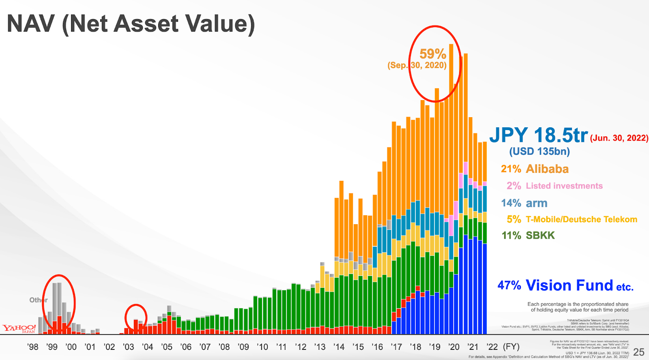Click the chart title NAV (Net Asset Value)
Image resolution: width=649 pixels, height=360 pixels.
click(x=131, y=24)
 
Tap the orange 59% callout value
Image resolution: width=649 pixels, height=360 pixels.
click(x=433, y=54)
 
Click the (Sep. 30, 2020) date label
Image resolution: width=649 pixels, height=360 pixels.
click(x=417, y=65)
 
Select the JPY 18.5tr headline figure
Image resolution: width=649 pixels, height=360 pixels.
click(x=539, y=135)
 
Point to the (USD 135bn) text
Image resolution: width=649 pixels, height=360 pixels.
click(x=539, y=152)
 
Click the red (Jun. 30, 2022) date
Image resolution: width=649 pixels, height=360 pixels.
click(x=619, y=138)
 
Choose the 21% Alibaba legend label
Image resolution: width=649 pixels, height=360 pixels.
click(x=535, y=169)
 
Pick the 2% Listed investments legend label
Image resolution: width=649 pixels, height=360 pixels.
click(x=554, y=186)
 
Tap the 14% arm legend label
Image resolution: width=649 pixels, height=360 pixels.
click(x=524, y=203)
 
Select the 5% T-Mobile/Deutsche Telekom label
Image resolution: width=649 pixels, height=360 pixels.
click(x=572, y=219)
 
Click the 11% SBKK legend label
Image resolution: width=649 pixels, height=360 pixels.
click(x=528, y=236)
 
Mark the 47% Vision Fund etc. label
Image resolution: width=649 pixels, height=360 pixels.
click(x=565, y=285)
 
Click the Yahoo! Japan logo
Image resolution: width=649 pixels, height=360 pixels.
click(x=19, y=328)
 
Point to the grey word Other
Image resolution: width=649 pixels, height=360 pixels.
click(x=38, y=300)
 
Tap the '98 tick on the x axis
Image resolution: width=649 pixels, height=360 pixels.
click(x=32, y=347)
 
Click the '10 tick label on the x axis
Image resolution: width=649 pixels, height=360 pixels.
click(x=262, y=347)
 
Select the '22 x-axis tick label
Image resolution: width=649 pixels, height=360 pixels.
click(x=492, y=347)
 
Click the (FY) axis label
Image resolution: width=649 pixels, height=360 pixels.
click(x=511, y=347)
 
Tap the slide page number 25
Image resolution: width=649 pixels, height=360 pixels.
click(x=638, y=352)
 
